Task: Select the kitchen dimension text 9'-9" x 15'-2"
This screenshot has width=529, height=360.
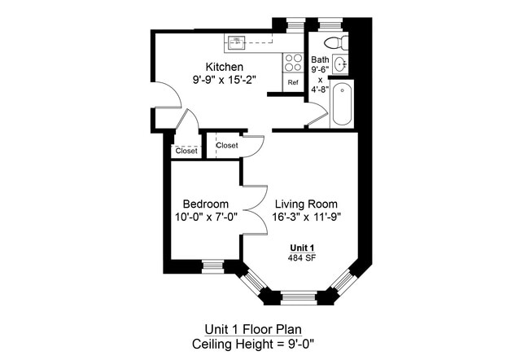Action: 225,81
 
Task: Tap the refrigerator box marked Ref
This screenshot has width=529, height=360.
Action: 293,82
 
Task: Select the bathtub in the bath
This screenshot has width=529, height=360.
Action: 342,103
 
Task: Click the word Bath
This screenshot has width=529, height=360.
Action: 320,59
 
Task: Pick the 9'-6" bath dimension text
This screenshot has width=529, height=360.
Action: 320,70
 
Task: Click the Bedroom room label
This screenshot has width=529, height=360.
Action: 205,204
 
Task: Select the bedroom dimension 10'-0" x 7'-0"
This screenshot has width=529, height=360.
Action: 205,217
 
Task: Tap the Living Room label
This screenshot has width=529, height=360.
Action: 305,204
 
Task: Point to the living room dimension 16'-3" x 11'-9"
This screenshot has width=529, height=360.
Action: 305,217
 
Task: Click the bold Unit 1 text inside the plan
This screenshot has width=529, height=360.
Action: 303,248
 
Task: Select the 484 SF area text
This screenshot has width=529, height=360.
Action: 303,258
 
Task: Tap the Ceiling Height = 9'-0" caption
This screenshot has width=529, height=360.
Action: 264,344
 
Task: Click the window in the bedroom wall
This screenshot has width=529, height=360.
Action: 212,266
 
